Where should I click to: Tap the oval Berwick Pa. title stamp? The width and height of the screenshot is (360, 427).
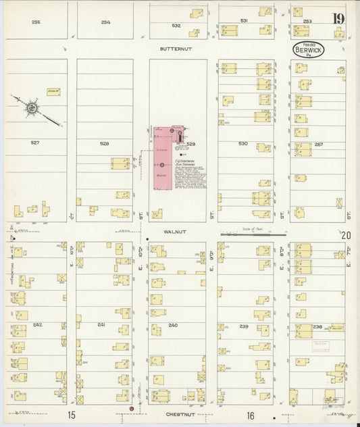tap(309, 49)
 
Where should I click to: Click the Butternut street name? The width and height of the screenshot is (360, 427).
tap(172, 49)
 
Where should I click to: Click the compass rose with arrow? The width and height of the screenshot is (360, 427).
tap(31, 107)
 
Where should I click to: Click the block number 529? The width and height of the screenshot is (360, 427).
tap(191, 144)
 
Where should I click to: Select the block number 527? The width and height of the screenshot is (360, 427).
tap(35, 143)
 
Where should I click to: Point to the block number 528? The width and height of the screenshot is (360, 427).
tap(104, 143)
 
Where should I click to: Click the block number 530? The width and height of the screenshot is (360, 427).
tap(243, 143)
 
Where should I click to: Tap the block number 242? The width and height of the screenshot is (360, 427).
tap(37, 325)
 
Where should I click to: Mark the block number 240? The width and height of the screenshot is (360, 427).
tap(173, 325)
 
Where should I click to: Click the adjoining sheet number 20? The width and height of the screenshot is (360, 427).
tap(346, 236)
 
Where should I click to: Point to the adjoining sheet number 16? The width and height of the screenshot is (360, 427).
tap(251, 415)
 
